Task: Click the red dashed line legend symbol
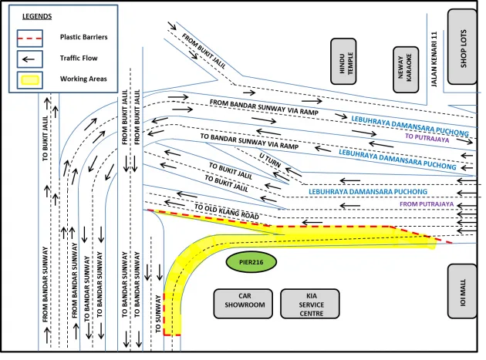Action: pos(31,37)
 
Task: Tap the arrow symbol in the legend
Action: pos(31,58)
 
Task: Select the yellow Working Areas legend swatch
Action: pos(31,79)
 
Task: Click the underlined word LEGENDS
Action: pos(38,16)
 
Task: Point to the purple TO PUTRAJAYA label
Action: pos(426,136)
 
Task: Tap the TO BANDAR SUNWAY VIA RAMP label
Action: pos(248,141)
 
